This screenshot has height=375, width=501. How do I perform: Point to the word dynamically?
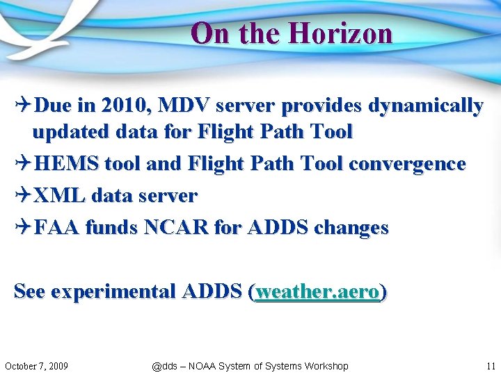click(x=425, y=106)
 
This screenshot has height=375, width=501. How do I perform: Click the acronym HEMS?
click(x=66, y=164)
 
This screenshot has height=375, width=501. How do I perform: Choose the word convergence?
click(x=407, y=164)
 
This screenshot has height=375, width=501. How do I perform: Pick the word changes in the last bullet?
click(x=351, y=227)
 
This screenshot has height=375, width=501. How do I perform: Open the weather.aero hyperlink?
click(x=318, y=292)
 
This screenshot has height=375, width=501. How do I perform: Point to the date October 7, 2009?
click(x=36, y=366)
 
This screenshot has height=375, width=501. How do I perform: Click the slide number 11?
click(x=490, y=366)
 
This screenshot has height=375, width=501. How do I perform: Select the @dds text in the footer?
click(x=164, y=366)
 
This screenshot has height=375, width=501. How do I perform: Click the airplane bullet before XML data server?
click(x=22, y=196)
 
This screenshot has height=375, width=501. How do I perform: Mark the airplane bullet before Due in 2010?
click(x=22, y=106)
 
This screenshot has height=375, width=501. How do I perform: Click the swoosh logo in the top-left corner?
click(x=35, y=28)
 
